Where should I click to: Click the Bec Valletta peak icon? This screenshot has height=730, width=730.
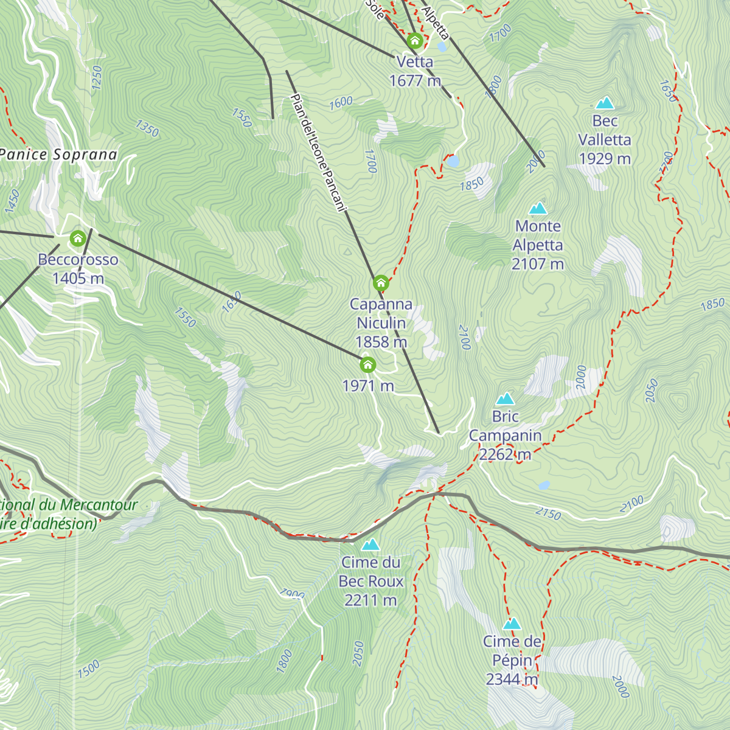pyautogui.click(x=605, y=103)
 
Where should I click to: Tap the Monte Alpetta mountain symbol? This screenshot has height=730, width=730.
pyautogui.click(x=538, y=209)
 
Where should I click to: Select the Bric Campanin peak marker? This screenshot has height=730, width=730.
pyautogui.click(x=505, y=399)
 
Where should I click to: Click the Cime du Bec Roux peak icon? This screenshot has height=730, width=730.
pyautogui.click(x=370, y=544)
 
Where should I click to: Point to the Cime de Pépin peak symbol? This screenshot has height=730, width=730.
pyautogui.click(x=512, y=624)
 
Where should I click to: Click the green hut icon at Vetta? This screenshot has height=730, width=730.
pyautogui.click(x=415, y=41)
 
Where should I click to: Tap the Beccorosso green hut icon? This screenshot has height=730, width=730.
pyautogui.click(x=77, y=238)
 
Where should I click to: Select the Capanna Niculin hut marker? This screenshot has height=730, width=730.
pyautogui.click(x=380, y=283)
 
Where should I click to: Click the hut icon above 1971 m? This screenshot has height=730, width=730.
pyautogui.click(x=367, y=365)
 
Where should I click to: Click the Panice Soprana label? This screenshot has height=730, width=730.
pyautogui.click(x=58, y=155)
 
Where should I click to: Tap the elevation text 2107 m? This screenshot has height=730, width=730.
pyautogui.click(x=538, y=264)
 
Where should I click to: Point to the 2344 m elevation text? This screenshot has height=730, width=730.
pyautogui.click(x=512, y=679)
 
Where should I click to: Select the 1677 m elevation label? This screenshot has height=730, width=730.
pyautogui.click(x=415, y=80)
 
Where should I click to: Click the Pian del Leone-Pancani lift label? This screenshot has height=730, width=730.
pyautogui.click(x=318, y=152)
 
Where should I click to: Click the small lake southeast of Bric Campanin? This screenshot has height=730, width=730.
pyautogui.click(x=544, y=485)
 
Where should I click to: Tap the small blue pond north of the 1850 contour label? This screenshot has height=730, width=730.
pyautogui.click(x=453, y=161)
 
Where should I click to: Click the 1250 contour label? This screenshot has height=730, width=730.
pyautogui.click(x=96, y=78)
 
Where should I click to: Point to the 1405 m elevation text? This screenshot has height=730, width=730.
pyautogui.click(x=78, y=279)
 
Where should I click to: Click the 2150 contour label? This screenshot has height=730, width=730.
pyautogui.click(x=547, y=514)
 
